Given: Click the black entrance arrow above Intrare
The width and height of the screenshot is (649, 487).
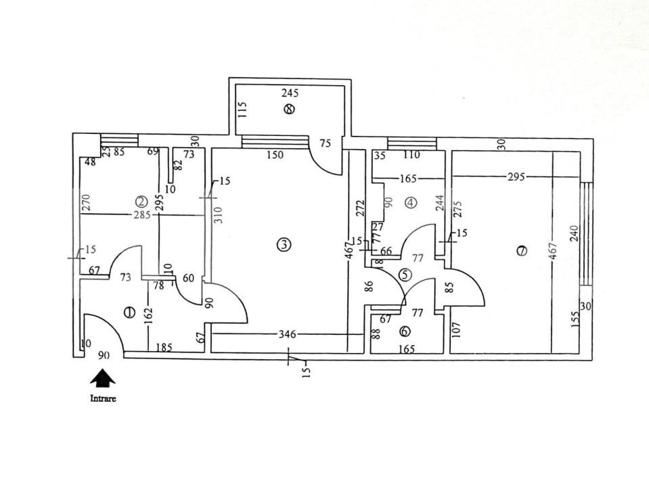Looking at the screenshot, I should (x=103, y=377).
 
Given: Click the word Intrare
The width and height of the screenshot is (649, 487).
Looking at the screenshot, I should (x=103, y=398).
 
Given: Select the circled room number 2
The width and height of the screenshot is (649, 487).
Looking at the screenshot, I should (x=141, y=201).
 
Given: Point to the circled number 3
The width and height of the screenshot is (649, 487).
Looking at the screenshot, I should (x=284, y=244).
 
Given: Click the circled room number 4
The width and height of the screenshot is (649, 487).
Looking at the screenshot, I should (x=411, y=202).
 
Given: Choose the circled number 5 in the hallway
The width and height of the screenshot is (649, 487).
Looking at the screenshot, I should (x=404, y=275).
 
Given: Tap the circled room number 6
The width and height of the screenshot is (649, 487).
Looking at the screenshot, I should (x=405, y=331).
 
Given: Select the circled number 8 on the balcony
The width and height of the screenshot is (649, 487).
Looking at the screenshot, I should (x=290, y=108).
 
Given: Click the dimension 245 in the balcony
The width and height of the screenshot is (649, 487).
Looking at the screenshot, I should (x=290, y=93).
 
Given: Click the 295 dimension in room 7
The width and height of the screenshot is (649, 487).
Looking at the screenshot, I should (x=516, y=177).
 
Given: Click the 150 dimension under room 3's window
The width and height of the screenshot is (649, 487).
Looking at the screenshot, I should (x=275, y=155).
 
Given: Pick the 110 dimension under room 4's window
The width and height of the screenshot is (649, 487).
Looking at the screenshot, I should (x=411, y=155).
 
